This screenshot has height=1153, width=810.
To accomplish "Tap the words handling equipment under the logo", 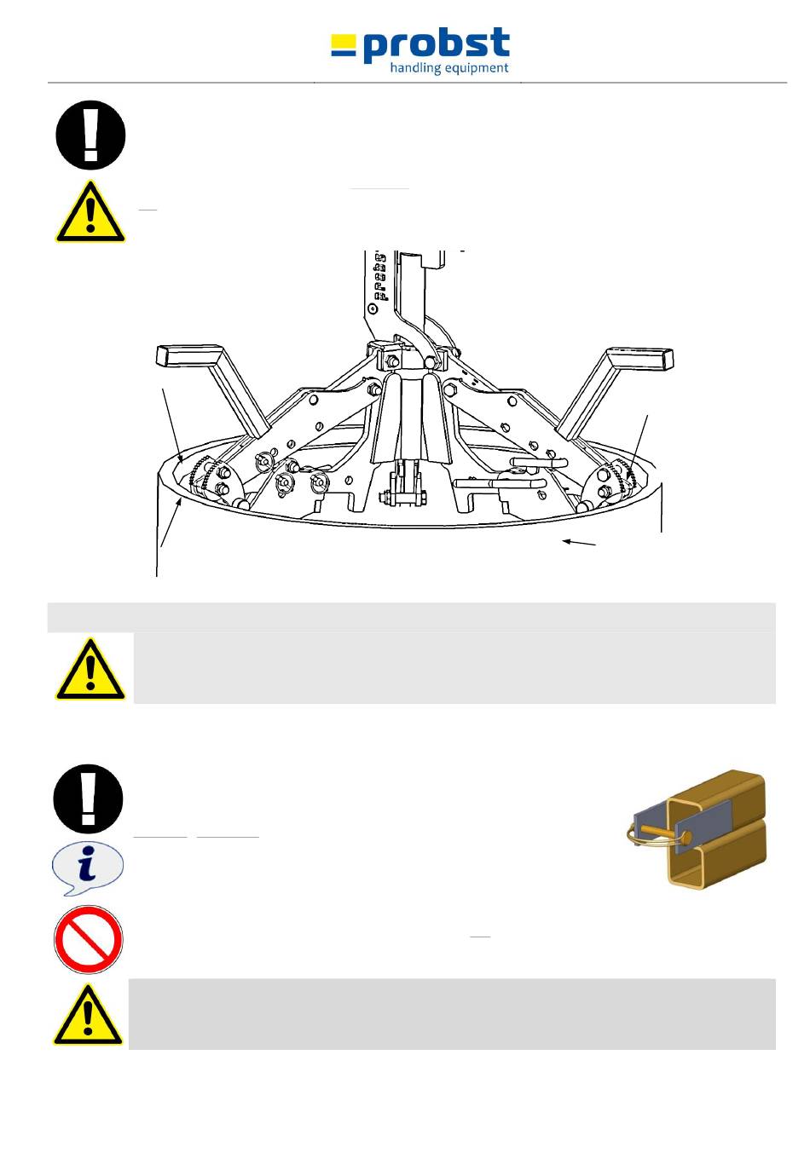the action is coord(448,68).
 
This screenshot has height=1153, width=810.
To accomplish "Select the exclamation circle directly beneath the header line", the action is coord(90,135).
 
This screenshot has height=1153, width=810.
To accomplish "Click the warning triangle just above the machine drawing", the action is coord(90,213).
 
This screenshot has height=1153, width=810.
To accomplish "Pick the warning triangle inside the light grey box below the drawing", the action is coord(90,671).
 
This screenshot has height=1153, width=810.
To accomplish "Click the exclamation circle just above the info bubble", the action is coord(88,798).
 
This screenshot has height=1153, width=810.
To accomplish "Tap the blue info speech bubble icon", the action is coord(88,868).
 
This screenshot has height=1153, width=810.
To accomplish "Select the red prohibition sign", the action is coord(88,940).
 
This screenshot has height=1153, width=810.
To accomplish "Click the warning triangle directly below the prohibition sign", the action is coord(88,1016).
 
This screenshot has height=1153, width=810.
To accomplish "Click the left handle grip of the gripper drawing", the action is coord(189,355).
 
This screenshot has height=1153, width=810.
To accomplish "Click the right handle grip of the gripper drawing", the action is coord(639,357).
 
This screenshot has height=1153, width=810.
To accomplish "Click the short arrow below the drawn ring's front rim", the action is coord(579,543).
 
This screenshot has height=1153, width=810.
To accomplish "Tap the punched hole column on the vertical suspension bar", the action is coord(380,277).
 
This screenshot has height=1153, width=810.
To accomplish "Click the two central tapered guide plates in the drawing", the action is coord(406,418).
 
